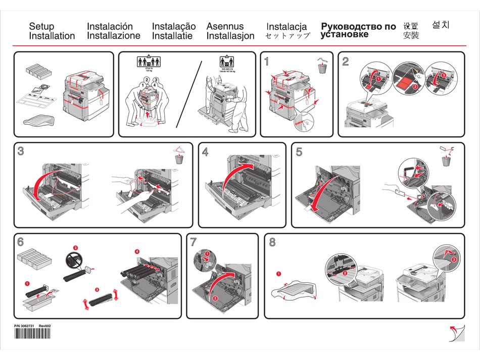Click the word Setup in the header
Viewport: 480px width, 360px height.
pos(41,26)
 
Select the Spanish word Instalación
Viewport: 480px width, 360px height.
pos(110,26)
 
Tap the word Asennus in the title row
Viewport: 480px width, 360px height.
pos(225,26)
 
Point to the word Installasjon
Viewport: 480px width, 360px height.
pos(230,36)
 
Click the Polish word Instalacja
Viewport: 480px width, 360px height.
pos(286,27)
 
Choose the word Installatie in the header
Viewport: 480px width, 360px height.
pos(172,36)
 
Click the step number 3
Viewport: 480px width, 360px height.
pos(21,151)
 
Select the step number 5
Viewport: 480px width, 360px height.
pos(299,151)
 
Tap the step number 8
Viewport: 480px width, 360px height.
pos(272,242)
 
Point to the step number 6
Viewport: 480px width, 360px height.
pos(21,242)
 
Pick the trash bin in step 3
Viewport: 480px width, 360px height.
pos(178,159)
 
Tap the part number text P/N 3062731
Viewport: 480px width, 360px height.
pos(23,326)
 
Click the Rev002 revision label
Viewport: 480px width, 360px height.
pos(45,326)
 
